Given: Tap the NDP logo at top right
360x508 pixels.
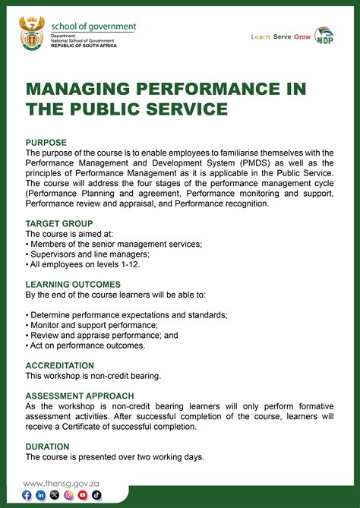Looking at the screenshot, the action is pyautogui.click(x=324, y=36).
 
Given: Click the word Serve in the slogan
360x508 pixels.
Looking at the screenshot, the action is pyautogui.click(x=283, y=36).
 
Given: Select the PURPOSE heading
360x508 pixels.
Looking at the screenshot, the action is pyautogui.click(x=46, y=143).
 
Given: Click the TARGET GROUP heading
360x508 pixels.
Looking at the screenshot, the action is pyautogui.click(x=59, y=224).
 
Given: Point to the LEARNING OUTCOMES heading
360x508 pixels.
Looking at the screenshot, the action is pyautogui.click(x=73, y=284).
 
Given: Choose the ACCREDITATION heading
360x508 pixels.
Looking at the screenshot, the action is pyautogui.click(x=60, y=365).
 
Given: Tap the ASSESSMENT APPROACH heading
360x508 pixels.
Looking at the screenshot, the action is pyautogui.click(x=80, y=396).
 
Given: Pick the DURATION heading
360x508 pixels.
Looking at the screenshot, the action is pyautogui.click(x=47, y=446).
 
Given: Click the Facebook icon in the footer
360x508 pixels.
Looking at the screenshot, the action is pyautogui.click(x=27, y=495).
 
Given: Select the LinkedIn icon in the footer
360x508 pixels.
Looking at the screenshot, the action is pyautogui.click(x=41, y=495).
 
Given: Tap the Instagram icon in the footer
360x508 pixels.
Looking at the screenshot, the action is pyautogui.click(x=69, y=495).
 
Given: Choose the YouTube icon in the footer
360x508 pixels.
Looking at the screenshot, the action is pyautogui.click(x=83, y=495).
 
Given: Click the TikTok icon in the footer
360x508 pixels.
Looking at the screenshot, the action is pyautogui.click(x=96, y=495).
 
